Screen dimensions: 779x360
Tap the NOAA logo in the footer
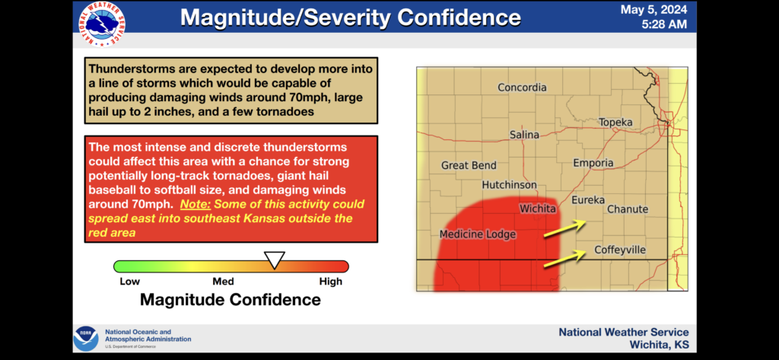(x=86, y=339)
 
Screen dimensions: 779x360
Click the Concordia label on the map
(x=522, y=88)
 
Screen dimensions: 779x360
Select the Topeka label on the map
(x=615, y=123)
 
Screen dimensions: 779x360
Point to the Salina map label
(x=524, y=135)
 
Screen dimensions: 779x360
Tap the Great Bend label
(x=469, y=166)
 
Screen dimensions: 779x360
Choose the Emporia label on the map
(x=593, y=163)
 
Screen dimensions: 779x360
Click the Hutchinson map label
(x=509, y=185)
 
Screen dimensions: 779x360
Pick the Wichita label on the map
(x=538, y=209)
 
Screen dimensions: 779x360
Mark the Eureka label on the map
(x=588, y=200)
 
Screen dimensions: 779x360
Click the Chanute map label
(x=628, y=209)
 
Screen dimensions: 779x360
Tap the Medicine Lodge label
(x=478, y=234)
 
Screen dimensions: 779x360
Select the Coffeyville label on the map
(x=620, y=250)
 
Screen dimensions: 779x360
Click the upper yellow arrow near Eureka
(x=565, y=229)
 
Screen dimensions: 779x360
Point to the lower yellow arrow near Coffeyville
(x=564, y=258)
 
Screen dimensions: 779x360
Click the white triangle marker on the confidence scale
(x=274, y=260)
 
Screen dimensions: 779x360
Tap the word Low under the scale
(x=129, y=282)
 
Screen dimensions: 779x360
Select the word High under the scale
(x=331, y=282)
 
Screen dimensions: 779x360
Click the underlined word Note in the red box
(x=196, y=205)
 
